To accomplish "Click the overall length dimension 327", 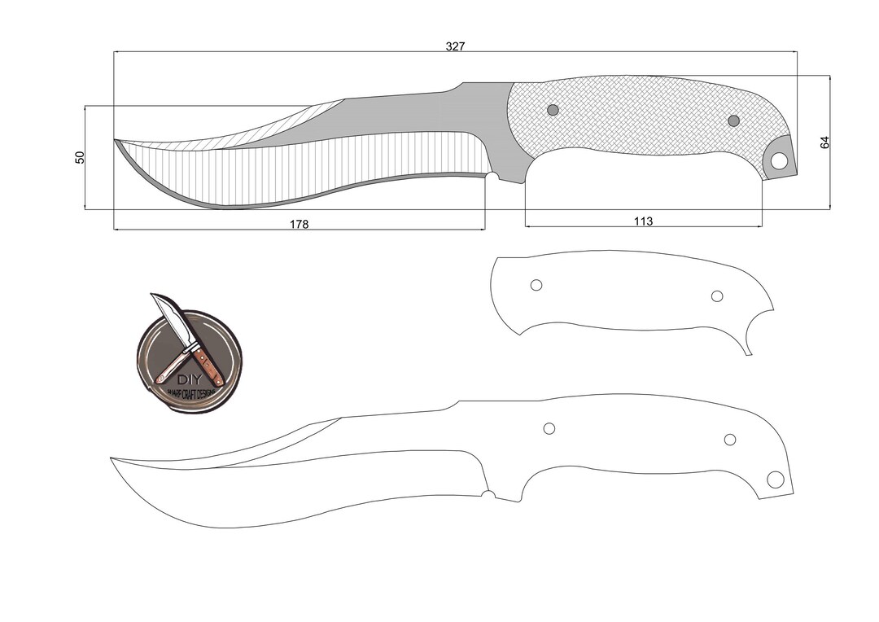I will (x=455, y=46).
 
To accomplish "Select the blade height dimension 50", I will (x=80, y=157).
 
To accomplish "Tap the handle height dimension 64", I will (x=824, y=142).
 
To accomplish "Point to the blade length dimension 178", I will (x=300, y=224).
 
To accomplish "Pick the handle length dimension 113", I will (x=643, y=221).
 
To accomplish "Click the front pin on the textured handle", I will (x=553, y=110).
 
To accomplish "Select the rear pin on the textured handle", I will (x=733, y=121).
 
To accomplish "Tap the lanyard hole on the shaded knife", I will (x=780, y=160).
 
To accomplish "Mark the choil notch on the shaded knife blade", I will (x=492, y=176).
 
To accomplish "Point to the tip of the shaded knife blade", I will (x=115, y=140).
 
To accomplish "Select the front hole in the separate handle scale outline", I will (x=536, y=285).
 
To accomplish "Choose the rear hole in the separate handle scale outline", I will (x=717, y=296).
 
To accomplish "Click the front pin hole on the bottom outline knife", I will (x=549, y=428).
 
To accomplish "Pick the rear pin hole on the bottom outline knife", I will (x=730, y=440).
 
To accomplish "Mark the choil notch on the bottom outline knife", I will (x=488, y=494).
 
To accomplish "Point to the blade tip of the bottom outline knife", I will (x=112, y=458).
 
